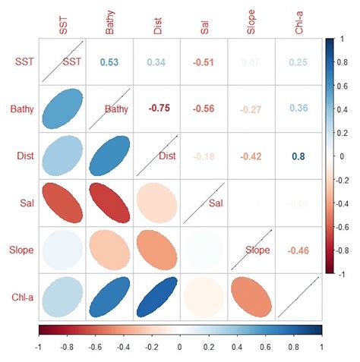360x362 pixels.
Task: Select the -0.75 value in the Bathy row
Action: [x=158, y=109]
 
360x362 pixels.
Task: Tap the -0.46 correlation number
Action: [x=298, y=250]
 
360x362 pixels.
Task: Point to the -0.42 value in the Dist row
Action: [x=251, y=156]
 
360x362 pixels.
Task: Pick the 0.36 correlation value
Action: [x=298, y=109]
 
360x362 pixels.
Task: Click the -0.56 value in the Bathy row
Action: [x=205, y=109]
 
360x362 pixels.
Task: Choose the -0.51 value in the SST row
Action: [x=205, y=62]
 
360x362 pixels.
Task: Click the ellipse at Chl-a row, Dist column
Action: [x=158, y=297]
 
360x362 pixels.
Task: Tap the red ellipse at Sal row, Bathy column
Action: [x=110, y=203]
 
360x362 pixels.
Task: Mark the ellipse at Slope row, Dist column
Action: [x=158, y=250]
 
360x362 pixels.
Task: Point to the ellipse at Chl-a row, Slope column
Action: [x=251, y=297]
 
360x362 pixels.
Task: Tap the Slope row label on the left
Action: [x=21, y=250]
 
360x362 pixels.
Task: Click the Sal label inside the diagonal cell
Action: [x=216, y=203]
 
